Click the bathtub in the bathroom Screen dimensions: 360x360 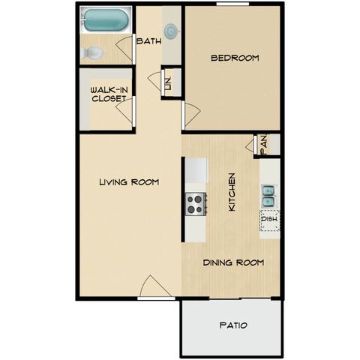click(x=106, y=19)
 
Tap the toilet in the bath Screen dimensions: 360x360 click(x=91, y=52)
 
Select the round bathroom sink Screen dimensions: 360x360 click(x=172, y=31)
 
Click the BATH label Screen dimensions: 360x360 click(x=149, y=41)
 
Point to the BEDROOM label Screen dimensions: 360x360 click(x=235, y=58)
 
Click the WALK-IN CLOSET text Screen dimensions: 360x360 click(x=109, y=94)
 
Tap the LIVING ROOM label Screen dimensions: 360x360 click(x=129, y=182)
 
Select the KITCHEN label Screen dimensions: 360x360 click(x=232, y=192)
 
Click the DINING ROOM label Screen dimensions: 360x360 click(x=233, y=262)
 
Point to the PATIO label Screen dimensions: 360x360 click(x=233, y=325)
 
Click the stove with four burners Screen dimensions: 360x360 click(x=196, y=204)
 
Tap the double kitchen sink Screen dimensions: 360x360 click(x=268, y=196)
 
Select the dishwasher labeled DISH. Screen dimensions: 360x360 click(x=270, y=220)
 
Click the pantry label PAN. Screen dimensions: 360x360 click(x=263, y=145)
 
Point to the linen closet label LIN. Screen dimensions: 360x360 click(x=169, y=83)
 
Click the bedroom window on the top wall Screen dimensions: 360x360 click(x=232, y=4)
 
